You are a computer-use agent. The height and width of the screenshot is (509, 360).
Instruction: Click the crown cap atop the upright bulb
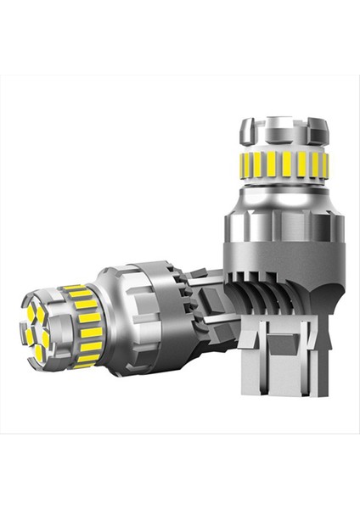pos(283,131)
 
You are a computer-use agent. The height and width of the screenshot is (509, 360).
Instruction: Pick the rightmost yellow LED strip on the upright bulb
pos(323,164)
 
